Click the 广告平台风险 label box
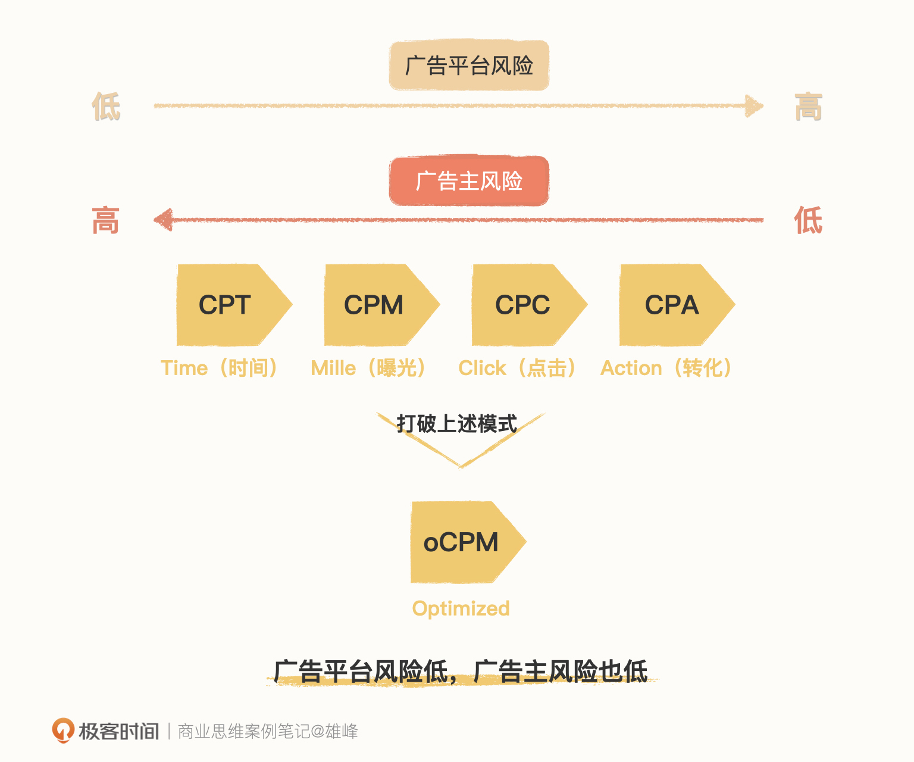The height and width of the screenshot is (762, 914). click(x=469, y=65)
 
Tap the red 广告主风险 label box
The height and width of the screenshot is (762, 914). click(x=469, y=181)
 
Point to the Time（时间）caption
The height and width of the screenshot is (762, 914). click(x=220, y=368)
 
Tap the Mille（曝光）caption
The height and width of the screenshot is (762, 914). click(x=368, y=368)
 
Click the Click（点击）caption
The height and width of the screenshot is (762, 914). click(x=517, y=368)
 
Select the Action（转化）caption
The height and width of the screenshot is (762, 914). click(x=666, y=368)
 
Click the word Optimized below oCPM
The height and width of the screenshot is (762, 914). click(x=461, y=608)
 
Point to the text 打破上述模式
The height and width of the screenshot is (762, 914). click(x=457, y=424)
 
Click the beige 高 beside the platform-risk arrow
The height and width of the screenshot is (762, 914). click(x=808, y=107)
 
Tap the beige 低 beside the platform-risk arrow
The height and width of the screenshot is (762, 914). click(x=107, y=107)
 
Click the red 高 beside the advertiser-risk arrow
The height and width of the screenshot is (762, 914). click(x=106, y=221)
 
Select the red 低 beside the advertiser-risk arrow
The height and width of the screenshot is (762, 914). click(x=808, y=221)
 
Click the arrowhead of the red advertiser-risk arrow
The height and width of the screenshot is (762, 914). click(x=164, y=220)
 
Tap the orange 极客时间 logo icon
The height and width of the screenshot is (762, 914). click(x=63, y=730)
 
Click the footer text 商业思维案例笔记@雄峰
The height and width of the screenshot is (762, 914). click(x=268, y=731)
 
